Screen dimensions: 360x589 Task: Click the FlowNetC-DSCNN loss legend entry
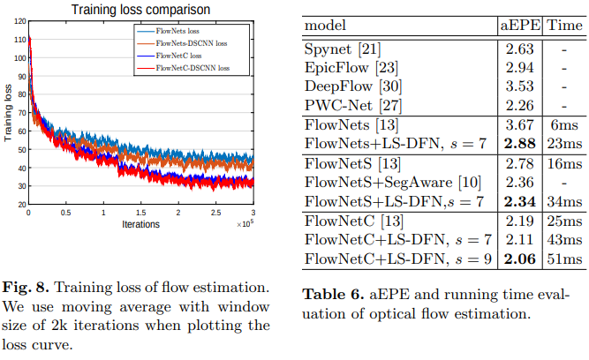[x=193, y=67]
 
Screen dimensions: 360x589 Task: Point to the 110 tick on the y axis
[x=19, y=40]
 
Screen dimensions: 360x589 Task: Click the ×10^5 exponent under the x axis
[x=246, y=223]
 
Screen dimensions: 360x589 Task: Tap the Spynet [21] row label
[x=340, y=50]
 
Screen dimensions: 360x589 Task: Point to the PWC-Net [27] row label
[x=351, y=106]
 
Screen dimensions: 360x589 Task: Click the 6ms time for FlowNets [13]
[x=563, y=124]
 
